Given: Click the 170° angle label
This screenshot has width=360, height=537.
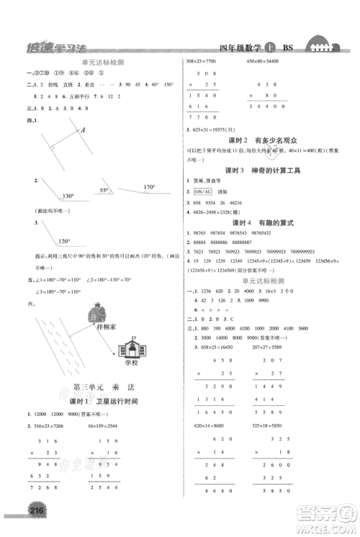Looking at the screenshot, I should pyautogui.click(x=148, y=187).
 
